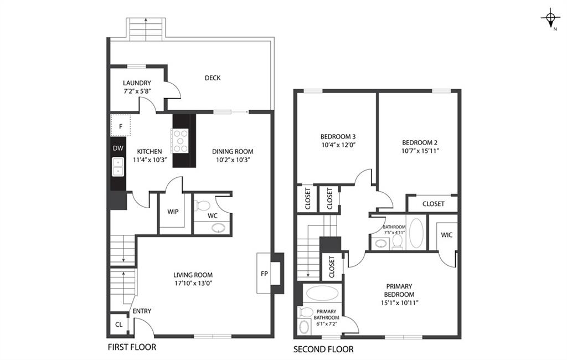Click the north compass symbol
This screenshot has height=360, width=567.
point(550,19)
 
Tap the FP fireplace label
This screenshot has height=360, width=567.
point(265,273)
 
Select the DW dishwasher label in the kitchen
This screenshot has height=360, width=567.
point(118,148)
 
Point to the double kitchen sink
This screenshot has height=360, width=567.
point(118,166)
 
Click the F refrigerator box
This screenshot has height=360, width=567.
point(121,126)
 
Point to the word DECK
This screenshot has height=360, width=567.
point(213,78)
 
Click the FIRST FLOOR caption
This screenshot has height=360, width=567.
point(131,347)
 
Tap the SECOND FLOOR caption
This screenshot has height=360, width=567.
point(323,349)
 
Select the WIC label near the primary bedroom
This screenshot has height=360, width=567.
point(447,235)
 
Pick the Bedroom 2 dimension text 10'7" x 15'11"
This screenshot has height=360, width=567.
point(419,150)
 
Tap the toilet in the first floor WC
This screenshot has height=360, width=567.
point(203,206)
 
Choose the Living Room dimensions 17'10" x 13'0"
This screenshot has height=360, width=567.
point(193,283)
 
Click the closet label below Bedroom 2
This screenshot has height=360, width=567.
point(433,204)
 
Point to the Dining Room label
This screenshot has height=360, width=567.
point(233,151)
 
